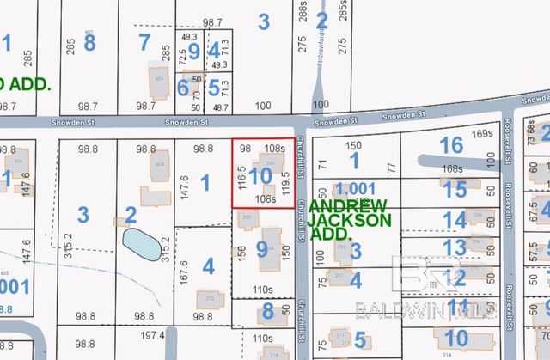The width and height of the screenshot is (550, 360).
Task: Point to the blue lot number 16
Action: tap(450, 145)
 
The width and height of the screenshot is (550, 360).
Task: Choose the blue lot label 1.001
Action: tap(356, 189)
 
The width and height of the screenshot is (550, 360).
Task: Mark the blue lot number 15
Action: tap(455, 188)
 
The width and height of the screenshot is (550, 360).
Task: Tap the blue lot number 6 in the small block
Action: tap(183, 86)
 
